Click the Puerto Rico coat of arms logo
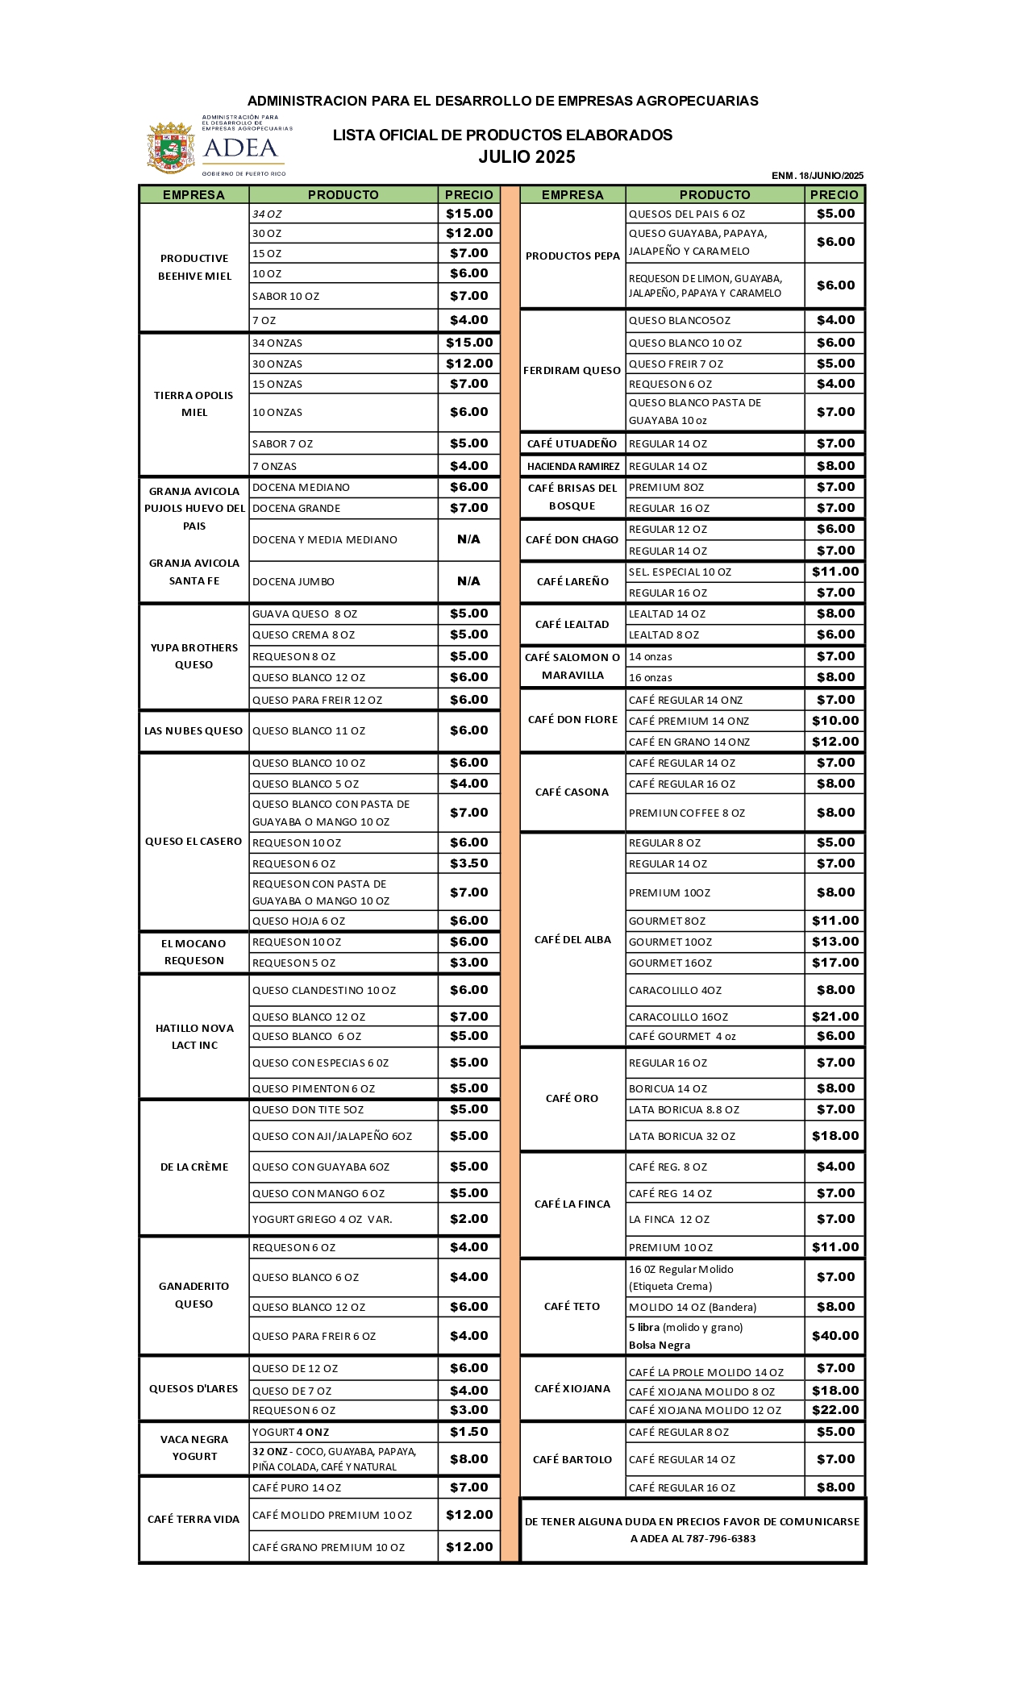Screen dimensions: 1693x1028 pyautogui.click(x=170, y=148)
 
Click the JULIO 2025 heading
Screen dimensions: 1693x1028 pyautogui.click(x=526, y=157)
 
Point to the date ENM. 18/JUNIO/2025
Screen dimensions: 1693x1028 pyautogui.click(x=817, y=176)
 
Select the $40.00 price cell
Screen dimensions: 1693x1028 pyautogui.click(x=834, y=1336)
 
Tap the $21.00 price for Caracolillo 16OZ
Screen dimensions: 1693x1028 pyautogui.click(x=834, y=1017)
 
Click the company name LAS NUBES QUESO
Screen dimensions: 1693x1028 pyautogui.click(x=194, y=731)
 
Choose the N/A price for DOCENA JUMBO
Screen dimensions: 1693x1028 pyautogui.click(x=468, y=581)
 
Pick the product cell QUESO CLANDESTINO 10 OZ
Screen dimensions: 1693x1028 pyautogui.click(x=324, y=991)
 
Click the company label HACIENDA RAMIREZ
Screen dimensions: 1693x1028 pyautogui.click(x=572, y=467)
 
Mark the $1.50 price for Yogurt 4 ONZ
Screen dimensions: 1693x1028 pyautogui.click(x=468, y=1432)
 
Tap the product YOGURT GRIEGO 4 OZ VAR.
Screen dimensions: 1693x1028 pyautogui.click(x=323, y=1220)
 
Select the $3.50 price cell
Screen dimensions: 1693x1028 pyautogui.click(x=468, y=863)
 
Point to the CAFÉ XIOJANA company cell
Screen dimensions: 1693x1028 pyautogui.click(x=572, y=1388)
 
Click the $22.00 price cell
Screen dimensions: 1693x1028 pyautogui.click(x=834, y=1410)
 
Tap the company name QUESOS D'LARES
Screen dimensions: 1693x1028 pyautogui.click(x=194, y=1388)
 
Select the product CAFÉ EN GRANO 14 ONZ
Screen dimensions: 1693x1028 pyautogui.click(x=689, y=743)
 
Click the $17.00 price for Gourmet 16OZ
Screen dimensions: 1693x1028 pyautogui.click(x=834, y=963)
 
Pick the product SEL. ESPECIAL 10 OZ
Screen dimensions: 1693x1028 pyautogui.click(x=680, y=572)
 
